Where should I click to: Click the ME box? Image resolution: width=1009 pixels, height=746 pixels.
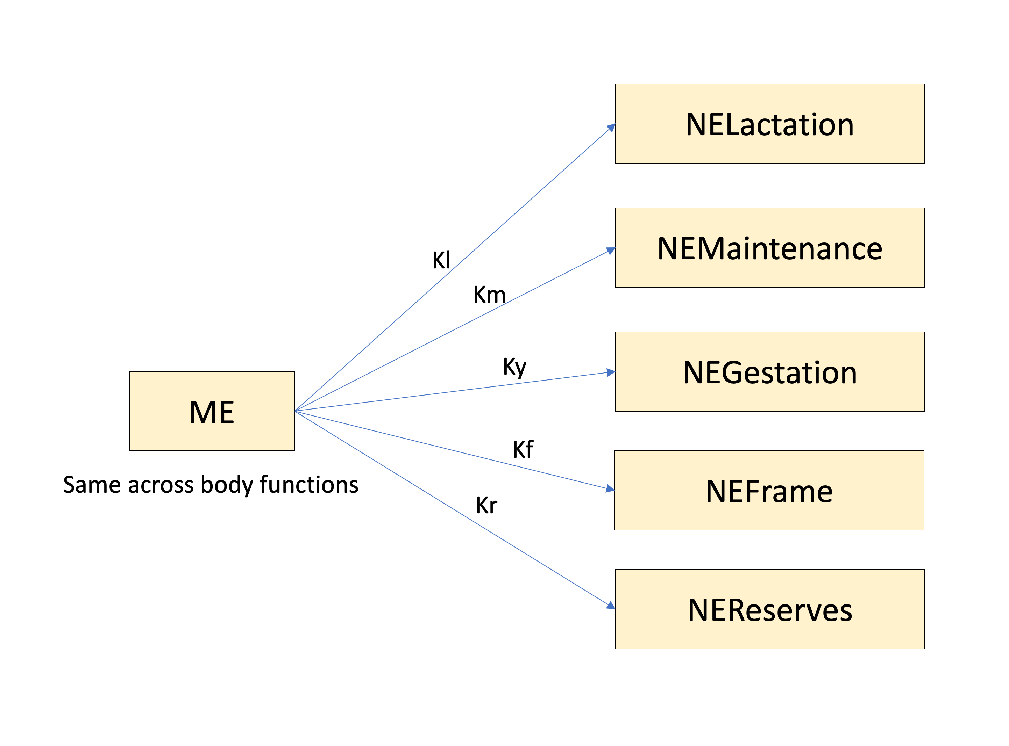coord(212,411)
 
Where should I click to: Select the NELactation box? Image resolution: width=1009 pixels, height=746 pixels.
coord(769,124)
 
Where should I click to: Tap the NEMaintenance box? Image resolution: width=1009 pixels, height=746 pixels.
coord(769,247)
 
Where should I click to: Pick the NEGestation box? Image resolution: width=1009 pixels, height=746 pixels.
coord(769,372)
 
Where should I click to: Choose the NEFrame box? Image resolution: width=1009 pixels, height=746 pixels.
coord(769,491)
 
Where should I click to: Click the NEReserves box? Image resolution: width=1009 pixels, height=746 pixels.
coord(769,609)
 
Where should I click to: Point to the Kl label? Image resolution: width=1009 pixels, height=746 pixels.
coord(441,260)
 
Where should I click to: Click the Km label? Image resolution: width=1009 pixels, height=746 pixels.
coord(489,295)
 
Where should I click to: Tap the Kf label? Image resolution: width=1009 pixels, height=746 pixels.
coord(523,450)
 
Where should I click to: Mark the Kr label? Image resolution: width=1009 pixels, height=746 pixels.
coord(486,505)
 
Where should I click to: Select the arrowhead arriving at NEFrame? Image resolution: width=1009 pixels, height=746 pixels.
coord(610,488)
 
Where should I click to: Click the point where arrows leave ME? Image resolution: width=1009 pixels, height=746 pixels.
coord(296,411)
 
